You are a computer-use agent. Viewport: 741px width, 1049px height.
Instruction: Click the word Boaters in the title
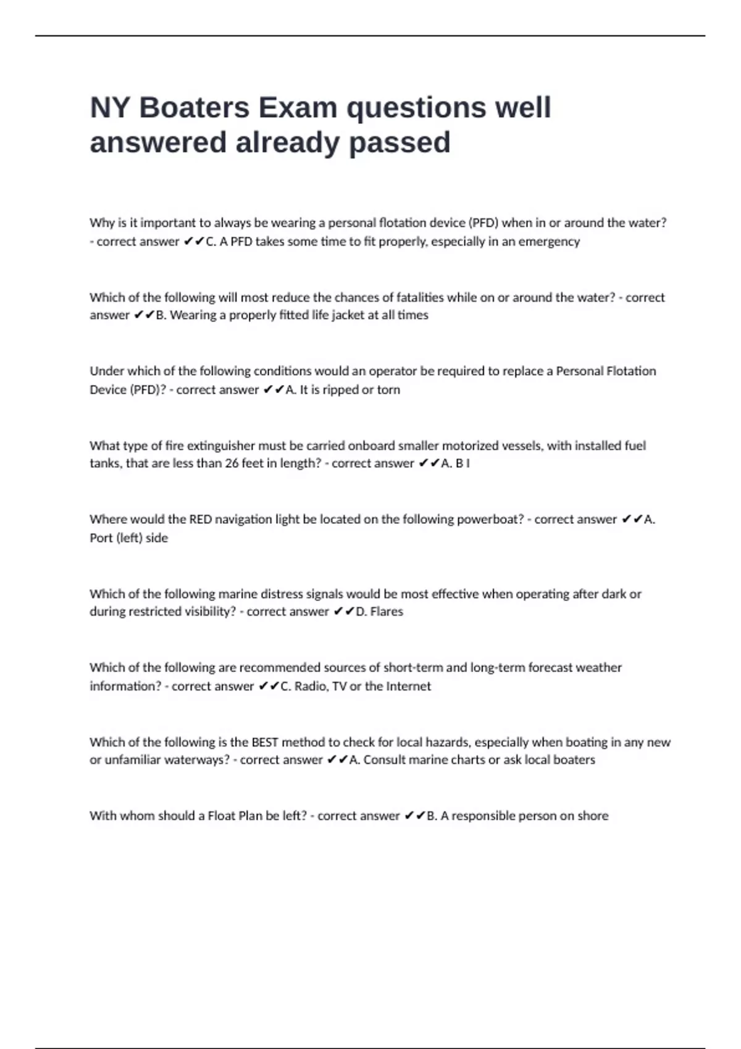click(195, 107)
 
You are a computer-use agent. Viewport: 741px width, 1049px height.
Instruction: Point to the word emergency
click(549, 241)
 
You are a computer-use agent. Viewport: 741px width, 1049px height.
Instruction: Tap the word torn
click(388, 390)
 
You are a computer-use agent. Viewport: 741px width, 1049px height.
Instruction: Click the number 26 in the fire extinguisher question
click(232, 463)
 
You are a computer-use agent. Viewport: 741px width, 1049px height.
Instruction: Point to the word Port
click(101, 538)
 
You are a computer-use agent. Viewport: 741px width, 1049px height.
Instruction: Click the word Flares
click(387, 612)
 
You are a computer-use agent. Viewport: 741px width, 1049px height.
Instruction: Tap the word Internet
click(408, 686)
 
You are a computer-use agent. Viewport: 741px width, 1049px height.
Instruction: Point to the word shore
click(593, 816)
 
